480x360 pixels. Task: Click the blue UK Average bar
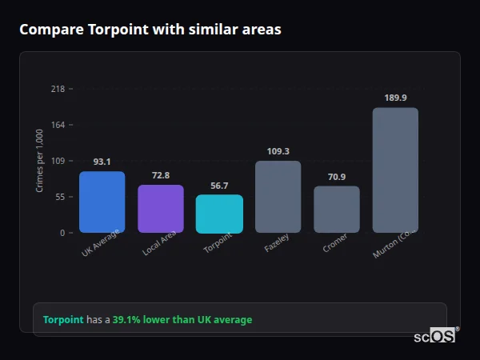coord(102,202)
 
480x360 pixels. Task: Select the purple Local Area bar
coord(160,209)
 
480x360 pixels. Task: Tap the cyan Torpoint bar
coord(219,214)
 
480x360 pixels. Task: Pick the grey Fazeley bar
coord(278,197)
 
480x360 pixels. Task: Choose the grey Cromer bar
coord(336,210)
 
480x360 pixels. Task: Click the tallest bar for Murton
coord(395,170)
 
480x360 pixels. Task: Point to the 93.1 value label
coord(102,162)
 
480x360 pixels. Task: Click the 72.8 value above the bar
coord(160,175)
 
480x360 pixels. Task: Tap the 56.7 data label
coord(219,186)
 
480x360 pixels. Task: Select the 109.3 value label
coord(278,151)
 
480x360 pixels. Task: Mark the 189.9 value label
coord(395,98)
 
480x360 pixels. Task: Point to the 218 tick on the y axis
coord(58,89)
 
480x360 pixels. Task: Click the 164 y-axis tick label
coord(58,125)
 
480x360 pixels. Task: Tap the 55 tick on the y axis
coord(59,197)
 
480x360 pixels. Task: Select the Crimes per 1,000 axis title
coord(40,161)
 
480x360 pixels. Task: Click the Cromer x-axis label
coord(334,244)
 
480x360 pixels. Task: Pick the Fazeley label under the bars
coord(276,244)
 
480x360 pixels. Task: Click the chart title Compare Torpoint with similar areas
coord(150,30)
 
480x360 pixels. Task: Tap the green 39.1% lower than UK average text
coord(182,320)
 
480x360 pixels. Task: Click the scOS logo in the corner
coord(435,336)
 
